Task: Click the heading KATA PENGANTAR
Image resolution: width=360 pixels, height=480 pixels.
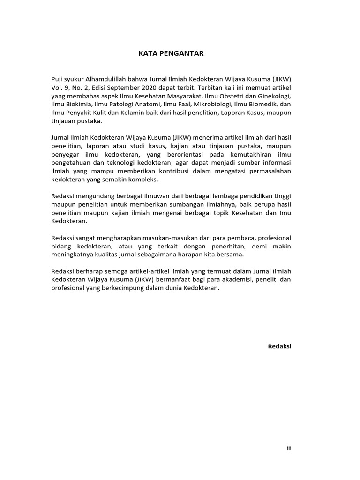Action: click(x=171, y=53)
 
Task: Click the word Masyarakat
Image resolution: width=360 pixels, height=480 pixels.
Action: click(x=183, y=95)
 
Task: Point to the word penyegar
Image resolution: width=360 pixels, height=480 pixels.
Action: click(x=64, y=154)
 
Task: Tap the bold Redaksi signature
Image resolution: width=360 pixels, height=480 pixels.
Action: click(x=279, y=346)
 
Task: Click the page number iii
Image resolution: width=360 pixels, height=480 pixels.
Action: click(x=289, y=448)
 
